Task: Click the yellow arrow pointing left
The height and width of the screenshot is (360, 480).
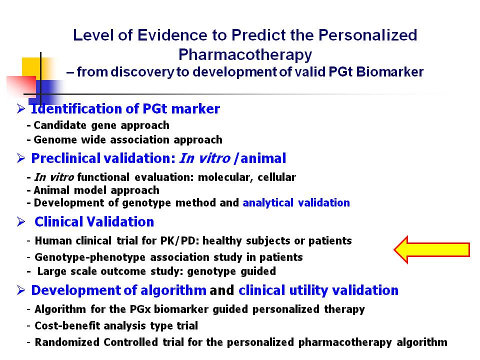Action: [x=431, y=249]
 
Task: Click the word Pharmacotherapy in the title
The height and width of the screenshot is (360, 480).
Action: [x=245, y=55]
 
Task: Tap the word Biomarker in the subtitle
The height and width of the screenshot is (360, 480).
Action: [x=390, y=72]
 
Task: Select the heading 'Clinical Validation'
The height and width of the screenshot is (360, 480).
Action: [x=94, y=221]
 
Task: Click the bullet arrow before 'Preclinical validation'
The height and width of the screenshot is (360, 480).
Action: [x=21, y=158]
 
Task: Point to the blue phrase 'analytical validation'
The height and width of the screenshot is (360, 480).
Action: [x=296, y=202]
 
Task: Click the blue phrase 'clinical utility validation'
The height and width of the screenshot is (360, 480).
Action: [x=318, y=290]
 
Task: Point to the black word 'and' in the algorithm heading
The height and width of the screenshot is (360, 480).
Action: [x=222, y=290]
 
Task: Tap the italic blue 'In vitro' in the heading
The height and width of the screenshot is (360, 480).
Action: [x=204, y=158]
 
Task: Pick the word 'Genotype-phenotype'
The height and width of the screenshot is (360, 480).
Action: [x=89, y=257]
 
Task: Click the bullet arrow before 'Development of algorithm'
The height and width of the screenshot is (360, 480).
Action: [x=21, y=290]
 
